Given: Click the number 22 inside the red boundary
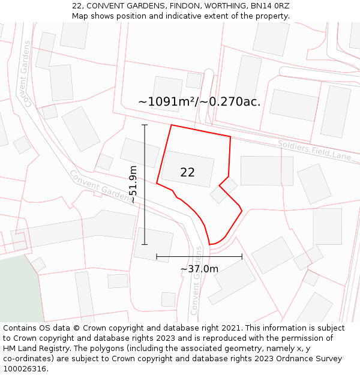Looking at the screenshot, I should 187,172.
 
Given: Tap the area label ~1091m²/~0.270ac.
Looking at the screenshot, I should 199,102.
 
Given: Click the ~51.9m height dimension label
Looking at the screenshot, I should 133,185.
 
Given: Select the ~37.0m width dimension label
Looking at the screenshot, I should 199,269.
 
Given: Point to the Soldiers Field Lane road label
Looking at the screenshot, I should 314,150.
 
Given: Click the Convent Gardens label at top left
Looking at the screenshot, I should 25,74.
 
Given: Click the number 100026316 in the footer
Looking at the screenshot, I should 25,369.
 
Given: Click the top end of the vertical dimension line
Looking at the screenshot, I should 145,125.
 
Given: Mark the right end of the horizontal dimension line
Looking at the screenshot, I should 242,257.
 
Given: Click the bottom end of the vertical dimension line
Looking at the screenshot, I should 145,244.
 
